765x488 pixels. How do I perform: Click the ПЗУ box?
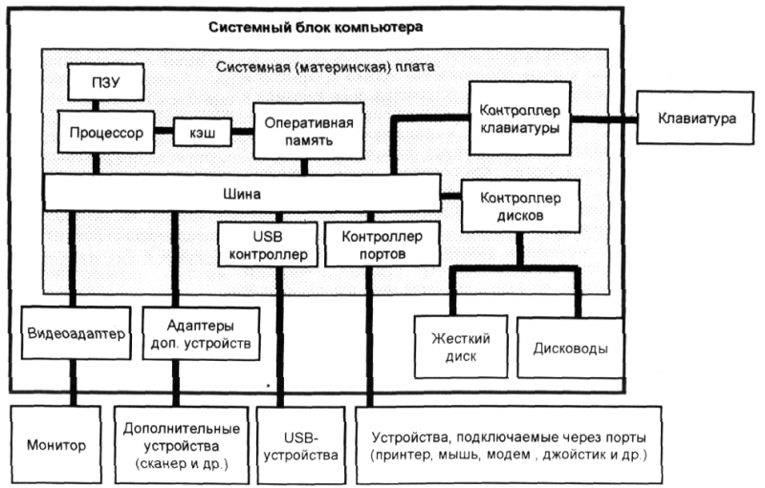[x=106, y=82]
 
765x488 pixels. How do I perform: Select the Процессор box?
[x=106, y=132]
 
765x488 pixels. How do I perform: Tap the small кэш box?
[x=203, y=132]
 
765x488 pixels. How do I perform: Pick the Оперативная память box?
[x=308, y=131]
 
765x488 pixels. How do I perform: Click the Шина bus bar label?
[x=242, y=194]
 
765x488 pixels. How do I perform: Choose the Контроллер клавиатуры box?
[x=519, y=118]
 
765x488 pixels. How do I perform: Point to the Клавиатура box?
[x=695, y=117]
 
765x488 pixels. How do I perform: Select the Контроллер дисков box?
[x=520, y=206]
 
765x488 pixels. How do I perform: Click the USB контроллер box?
[x=268, y=244]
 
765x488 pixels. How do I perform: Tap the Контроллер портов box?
[x=382, y=244]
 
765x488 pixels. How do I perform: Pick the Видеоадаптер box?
[x=76, y=333]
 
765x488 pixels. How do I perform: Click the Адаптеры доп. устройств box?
[x=201, y=333]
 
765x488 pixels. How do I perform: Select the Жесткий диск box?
[x=461, y=347]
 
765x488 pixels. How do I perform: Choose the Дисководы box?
[x=570, y=348]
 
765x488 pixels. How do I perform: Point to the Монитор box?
[x=55, y=445]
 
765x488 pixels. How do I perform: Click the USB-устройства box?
[x=300, y=446]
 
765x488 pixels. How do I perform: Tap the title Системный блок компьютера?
[x=316, y=27]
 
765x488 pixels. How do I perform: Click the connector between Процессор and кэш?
[x=164, y=131]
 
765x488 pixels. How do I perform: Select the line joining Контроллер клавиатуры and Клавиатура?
[x=603, y=118]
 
